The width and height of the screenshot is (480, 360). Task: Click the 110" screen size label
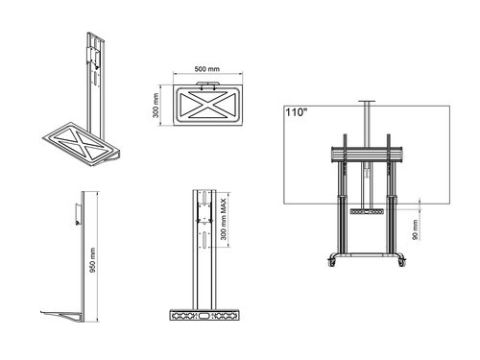click(x=296, y=112)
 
